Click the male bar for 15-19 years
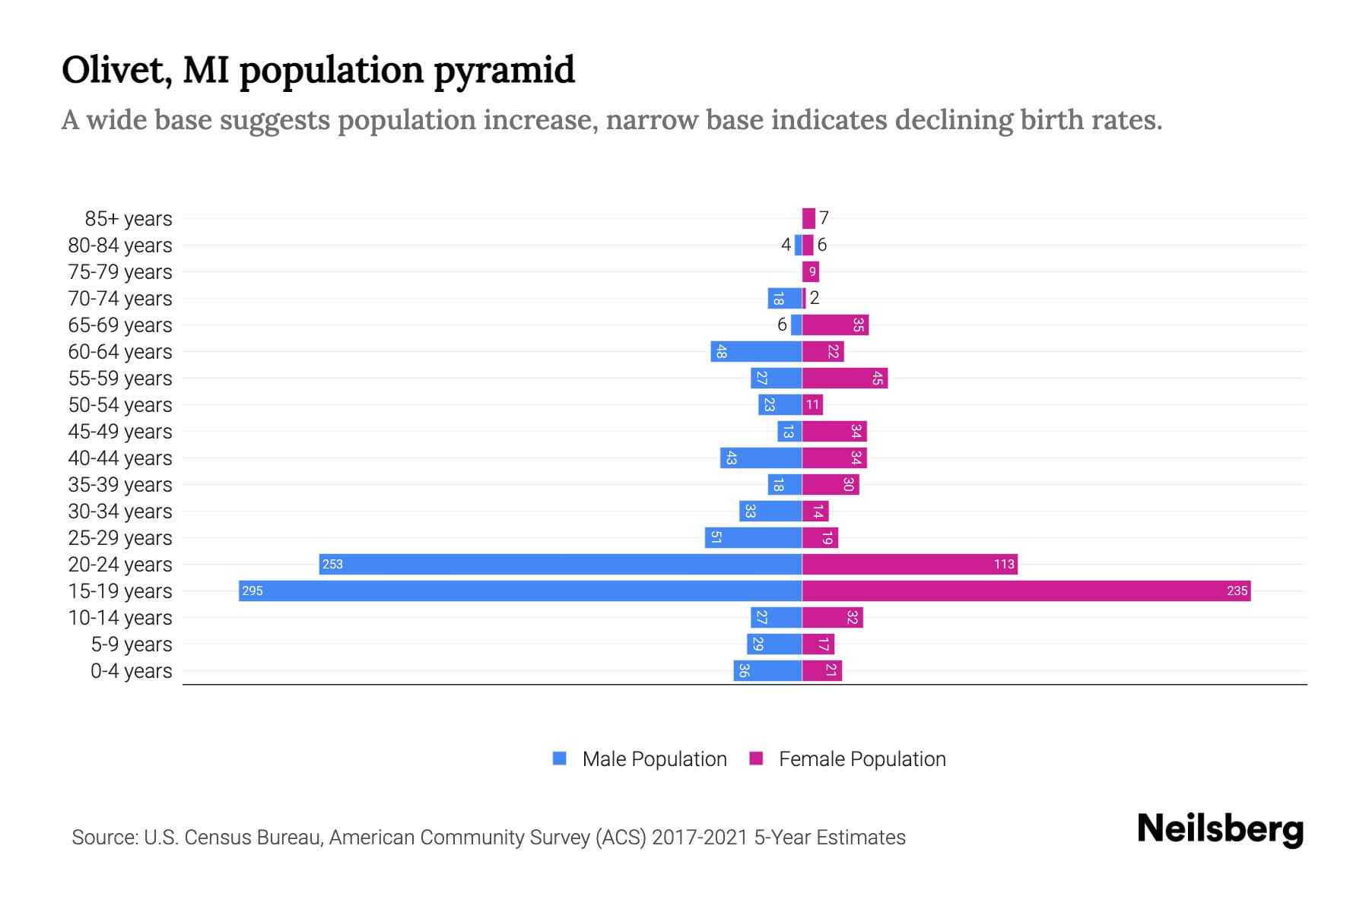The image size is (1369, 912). (520, 591)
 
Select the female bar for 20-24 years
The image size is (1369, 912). (910, 565)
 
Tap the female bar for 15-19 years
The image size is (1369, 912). (1026, 591)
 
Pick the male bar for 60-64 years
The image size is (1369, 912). (756, 352)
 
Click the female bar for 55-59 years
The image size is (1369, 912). (845, 378)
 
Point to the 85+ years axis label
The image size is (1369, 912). (128, 219)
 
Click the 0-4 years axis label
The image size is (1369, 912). (131, 671)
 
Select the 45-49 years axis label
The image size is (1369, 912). (120, 432)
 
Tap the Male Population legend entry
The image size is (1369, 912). (640, 759)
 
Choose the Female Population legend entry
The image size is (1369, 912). (847, 759)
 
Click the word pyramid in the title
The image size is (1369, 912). (504, 70)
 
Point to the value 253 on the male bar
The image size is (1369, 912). (332, 565)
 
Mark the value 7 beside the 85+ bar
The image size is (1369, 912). (824, 219)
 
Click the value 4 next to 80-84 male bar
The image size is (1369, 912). (786, 245)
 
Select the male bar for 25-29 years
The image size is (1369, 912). (753, 538)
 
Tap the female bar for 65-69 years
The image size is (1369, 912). (835, 325)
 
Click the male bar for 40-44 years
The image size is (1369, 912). (761, 458)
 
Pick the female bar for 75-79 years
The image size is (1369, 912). (811, 272)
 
